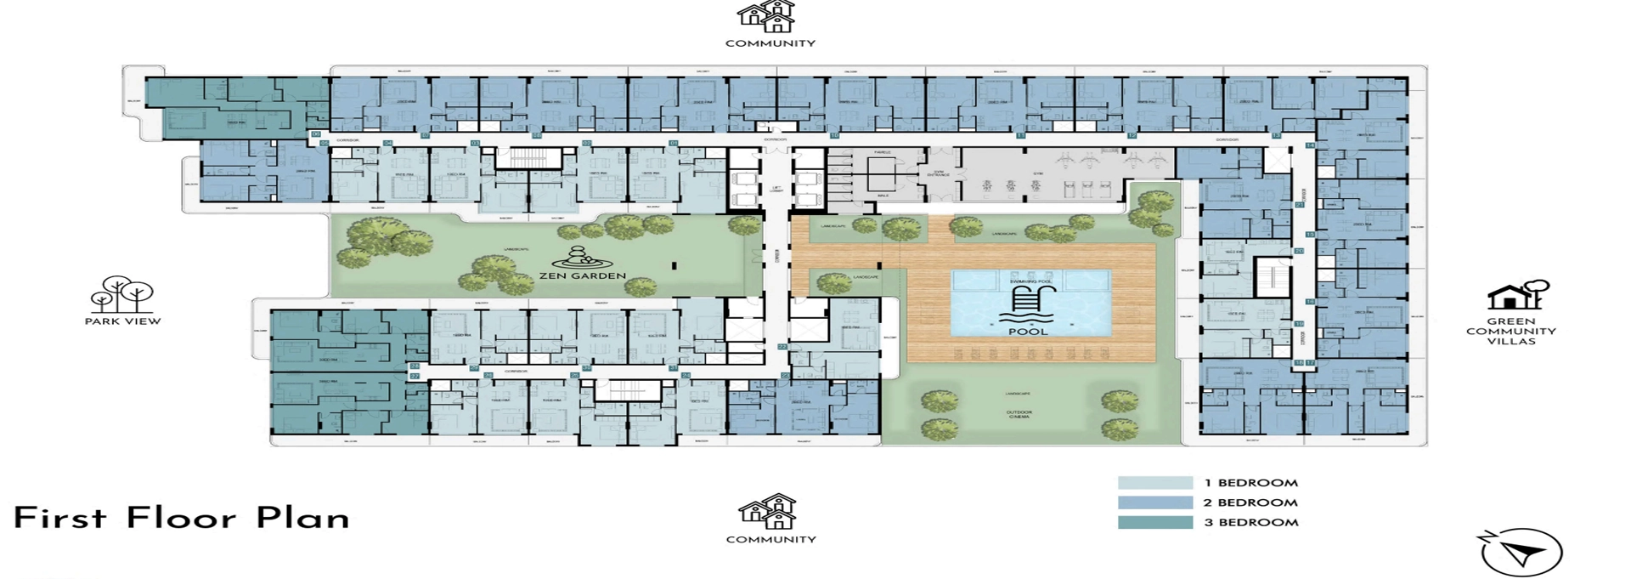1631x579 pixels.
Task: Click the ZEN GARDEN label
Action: (582, 275)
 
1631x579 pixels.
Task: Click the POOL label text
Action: (1028, 331)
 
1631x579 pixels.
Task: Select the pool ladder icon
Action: (1029, 302)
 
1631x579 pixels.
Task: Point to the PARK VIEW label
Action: (122, 321)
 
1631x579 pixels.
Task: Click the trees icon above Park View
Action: (122, 294)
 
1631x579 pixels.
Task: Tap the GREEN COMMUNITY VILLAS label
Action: (1511, 332)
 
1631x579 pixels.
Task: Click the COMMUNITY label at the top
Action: (770, 43)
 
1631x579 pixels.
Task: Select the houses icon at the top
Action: (767, 16)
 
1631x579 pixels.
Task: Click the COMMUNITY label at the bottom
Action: (770, 539)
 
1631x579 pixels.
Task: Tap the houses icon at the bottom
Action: (768, 512)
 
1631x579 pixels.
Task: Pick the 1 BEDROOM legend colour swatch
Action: (1154, 483)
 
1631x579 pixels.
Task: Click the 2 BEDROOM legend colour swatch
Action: (1154, 502)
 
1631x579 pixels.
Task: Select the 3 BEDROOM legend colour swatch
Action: (1154, 522)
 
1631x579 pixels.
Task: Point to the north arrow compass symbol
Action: (1521, 553)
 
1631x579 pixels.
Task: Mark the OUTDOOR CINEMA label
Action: (1019, 415)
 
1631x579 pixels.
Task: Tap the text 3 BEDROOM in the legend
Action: (1250, 522)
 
